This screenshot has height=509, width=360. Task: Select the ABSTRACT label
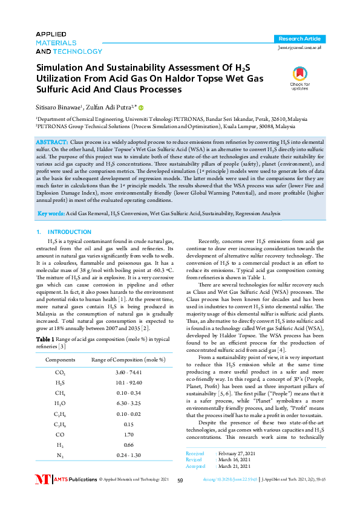pyautogui.click(x=53, y=141)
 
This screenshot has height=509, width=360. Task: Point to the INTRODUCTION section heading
pyautogui.click(x=65, y=232)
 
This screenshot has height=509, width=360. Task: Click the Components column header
pyautogui.click(x=61, y=360)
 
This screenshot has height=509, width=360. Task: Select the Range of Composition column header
pyautogui.click(x=128, y=360)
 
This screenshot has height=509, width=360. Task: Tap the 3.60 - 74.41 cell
pyautogui.click(x=128, y=372)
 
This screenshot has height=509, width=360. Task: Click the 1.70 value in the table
pyautogui.click(x=128, y=433)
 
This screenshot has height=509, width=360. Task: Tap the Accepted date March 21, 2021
pyautogui.click(x=235, y=483)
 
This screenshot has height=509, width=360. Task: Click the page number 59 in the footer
pyautogui.click(x=180, y=497)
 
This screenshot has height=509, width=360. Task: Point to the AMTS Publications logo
pyautogui.click(x=66, y=496)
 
